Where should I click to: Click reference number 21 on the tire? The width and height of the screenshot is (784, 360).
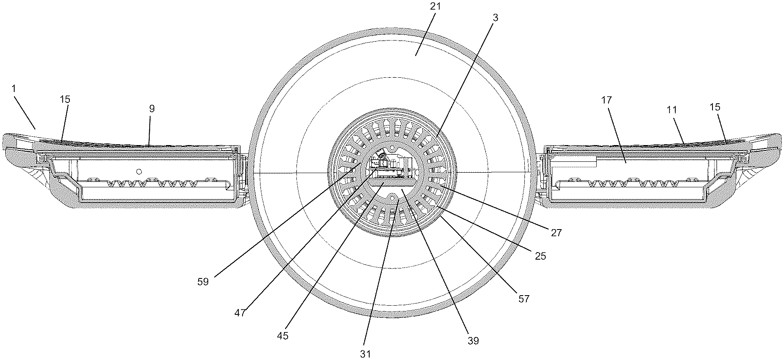click(x=432, y=8)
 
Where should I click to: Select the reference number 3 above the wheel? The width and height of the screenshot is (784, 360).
click(x=495, y=18)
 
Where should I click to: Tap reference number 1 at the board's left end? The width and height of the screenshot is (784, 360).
click(x=13, y=89)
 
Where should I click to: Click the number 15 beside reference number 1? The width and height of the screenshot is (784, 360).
click(x=65, y=100)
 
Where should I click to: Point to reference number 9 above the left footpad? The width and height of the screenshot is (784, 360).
click(x=152, y=109)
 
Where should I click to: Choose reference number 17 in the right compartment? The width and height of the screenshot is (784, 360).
click(x=607, y=100)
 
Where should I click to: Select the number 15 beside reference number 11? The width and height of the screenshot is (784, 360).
click(x=715, y=107)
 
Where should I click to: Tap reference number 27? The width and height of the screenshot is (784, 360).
click(x=556, y=233)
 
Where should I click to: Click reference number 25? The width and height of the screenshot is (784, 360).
click(x=541, y=256)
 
